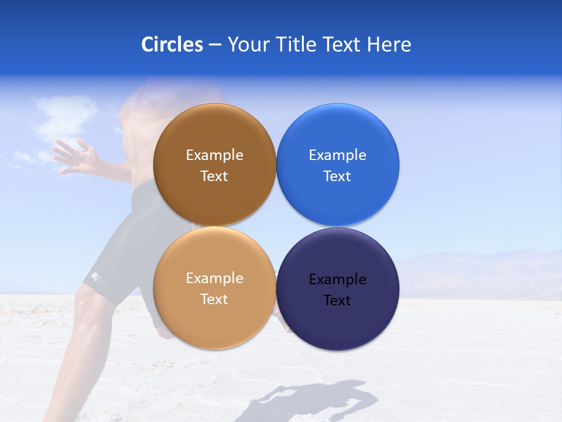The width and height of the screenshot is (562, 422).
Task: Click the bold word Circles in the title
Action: pos(172,45)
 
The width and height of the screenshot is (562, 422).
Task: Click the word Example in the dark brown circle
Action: pos(214,155)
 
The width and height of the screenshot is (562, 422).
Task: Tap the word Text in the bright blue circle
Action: pos(337,176)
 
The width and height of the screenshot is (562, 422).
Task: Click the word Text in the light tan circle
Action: pos(214,300)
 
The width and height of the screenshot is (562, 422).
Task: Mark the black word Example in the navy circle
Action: pos(337,280)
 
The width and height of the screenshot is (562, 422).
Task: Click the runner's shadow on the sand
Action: pos(316,399)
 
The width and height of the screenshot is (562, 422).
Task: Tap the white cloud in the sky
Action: pos(64,114)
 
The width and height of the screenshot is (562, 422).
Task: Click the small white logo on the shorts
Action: pos(94,277)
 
